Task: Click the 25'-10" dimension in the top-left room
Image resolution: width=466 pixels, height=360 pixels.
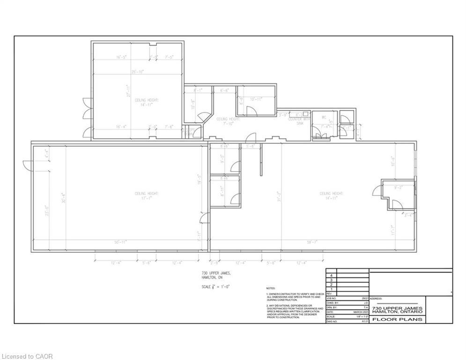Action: point(137,72)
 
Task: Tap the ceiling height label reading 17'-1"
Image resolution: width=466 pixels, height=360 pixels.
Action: point(147,195)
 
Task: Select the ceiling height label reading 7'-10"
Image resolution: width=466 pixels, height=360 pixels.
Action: point(228,121)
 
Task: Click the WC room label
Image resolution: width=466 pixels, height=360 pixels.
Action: point(324,117)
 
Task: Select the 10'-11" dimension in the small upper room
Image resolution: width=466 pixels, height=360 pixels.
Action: point(256,99)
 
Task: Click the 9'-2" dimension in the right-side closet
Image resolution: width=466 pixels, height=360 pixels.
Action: point(399,187)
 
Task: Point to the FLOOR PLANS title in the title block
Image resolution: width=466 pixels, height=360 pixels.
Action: point(398,319)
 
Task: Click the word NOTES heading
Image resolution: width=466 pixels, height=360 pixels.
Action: point(271,288)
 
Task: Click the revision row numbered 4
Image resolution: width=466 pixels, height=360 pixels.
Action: point(332,276)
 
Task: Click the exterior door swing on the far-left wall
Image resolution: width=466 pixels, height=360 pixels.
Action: point(27,165)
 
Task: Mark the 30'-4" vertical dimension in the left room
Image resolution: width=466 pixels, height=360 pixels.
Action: point(63,197)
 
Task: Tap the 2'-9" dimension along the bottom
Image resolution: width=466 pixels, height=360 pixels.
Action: point(214,263)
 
